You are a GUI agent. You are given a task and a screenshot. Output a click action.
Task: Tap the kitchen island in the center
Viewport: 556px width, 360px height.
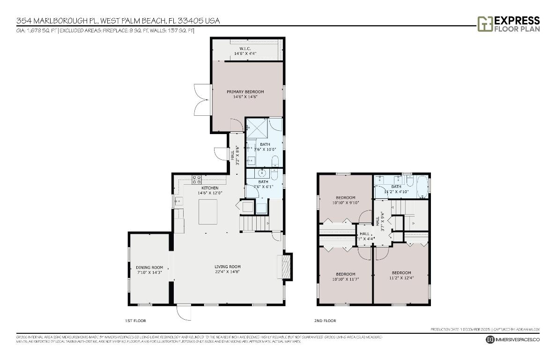click(x=208, y=212)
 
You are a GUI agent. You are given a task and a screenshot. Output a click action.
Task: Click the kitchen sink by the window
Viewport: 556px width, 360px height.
click(x=178, y=202)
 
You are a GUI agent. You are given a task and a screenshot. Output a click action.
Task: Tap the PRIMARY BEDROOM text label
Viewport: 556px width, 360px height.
click(x=245, y=91)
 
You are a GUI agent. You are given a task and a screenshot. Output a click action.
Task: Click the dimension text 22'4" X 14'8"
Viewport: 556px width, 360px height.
click(x=228, y=272)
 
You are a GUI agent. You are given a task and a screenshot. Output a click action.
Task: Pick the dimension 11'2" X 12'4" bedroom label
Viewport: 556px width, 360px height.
click(x=401, y=277)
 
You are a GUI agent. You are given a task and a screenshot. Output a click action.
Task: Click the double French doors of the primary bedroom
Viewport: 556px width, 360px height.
click(x=202, y=100)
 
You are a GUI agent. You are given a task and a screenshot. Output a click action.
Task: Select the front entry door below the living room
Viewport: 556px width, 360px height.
click(x=184, y=312)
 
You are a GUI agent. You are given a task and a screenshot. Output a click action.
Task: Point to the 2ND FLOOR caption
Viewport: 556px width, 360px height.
click(x=325, y=321)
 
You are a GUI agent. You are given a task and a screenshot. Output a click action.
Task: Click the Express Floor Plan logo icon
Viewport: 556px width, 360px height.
click(x=484, y=24)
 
